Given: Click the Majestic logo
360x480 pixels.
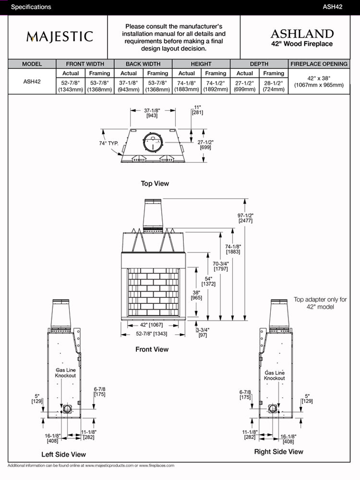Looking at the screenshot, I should [60, 37].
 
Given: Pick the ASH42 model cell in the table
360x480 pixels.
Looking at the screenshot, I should [32, 82].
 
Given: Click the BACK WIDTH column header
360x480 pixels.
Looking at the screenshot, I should [143, 64].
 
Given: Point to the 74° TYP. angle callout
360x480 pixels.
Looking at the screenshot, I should [109, 144].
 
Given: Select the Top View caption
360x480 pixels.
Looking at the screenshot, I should [155, 183].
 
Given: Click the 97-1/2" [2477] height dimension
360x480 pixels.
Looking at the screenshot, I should [246, 218].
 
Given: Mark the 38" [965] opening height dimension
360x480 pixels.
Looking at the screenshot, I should [196, 294].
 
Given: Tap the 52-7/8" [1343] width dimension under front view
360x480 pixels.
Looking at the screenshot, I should [152, 334].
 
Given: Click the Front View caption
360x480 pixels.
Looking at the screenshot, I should [152, 349].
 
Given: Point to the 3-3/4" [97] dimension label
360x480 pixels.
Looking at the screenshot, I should [203, 332].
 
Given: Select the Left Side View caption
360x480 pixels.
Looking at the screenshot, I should [63, 454].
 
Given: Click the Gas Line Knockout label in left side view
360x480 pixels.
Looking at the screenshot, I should [65, 372].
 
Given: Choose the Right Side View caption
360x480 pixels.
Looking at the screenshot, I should [278, 451].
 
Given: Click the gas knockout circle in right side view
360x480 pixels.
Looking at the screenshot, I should [273, 408].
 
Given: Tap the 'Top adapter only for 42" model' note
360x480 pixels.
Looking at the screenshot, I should [320, 303].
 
